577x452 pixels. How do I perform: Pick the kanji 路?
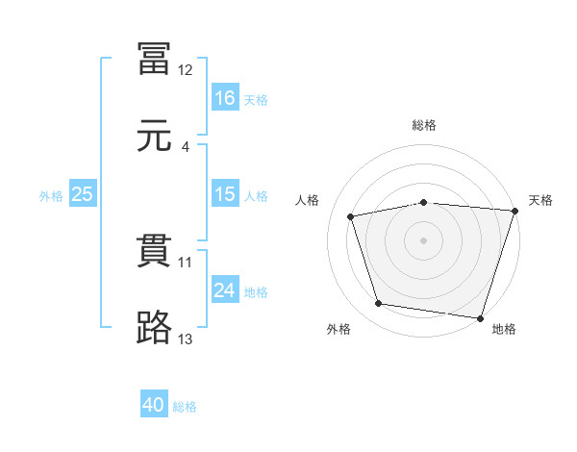pyautogui.click(x=155, y=328)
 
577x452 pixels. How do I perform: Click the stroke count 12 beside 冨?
pyautogui.click(x=186, y=70)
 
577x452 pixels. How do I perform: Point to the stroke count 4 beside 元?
pyautogui.click(x=186, y=147)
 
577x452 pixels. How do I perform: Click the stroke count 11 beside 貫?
pyautogui.click(x=186, y=262)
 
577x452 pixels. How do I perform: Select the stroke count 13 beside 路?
pyautogui.click(x=186, y=339)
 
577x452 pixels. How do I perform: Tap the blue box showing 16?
pyautogui.click(x=225, y=97)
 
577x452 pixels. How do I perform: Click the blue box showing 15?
pyautogui.click(x=225, y=194)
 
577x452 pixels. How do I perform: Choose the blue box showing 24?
pyautogui.click(x=225, y=290)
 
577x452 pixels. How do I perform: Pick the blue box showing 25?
pyautogui.click(x=83, y=194)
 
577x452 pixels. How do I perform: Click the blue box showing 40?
pyautogui.click(x=154, y=406)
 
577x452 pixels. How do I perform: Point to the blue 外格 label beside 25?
pyautogui.click(x=51, y=195)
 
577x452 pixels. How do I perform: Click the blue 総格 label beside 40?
pyautogui.click(x=185, y=407)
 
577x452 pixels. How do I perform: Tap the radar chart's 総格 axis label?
pyautogui.click(x=424, y=126)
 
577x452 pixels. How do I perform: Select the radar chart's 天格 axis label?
pyautogui.click(x=540, y=200)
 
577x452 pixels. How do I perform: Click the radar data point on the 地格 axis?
pyautogui.click(x=480, y=317)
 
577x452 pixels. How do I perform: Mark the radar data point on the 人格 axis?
pyautogui.click(x=352, y=216)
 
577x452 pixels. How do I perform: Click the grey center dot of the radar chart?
pyautogui.click(x=424, y=239)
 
